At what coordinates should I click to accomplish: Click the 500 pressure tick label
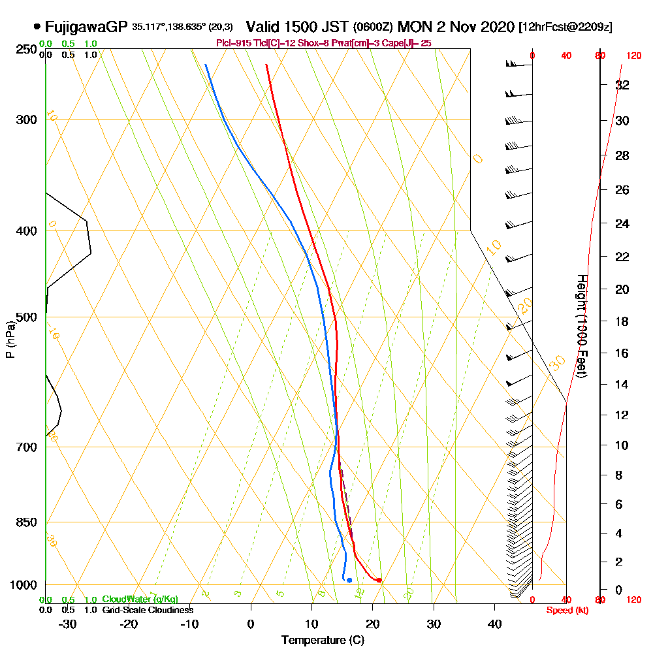tap(25, 317)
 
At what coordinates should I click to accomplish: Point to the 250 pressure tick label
tap(25, 49)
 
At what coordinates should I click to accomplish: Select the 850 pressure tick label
tap(25, 522)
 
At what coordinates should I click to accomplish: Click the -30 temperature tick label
tap(68, 624)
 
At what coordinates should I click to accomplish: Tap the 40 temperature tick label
tap(495, 624)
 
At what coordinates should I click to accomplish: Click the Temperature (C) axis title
tap(323, 641)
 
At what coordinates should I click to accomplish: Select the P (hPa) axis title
tap(10, 339)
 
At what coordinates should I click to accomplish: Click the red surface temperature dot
tap(379, 581)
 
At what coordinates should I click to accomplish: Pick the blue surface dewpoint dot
tap(349, 580)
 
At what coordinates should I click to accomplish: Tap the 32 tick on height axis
tap(622, 85)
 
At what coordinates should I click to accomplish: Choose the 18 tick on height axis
tap(622, 321)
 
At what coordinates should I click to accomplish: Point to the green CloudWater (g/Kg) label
tap(140, 599)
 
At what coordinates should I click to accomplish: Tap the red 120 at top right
tap(633, 56)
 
